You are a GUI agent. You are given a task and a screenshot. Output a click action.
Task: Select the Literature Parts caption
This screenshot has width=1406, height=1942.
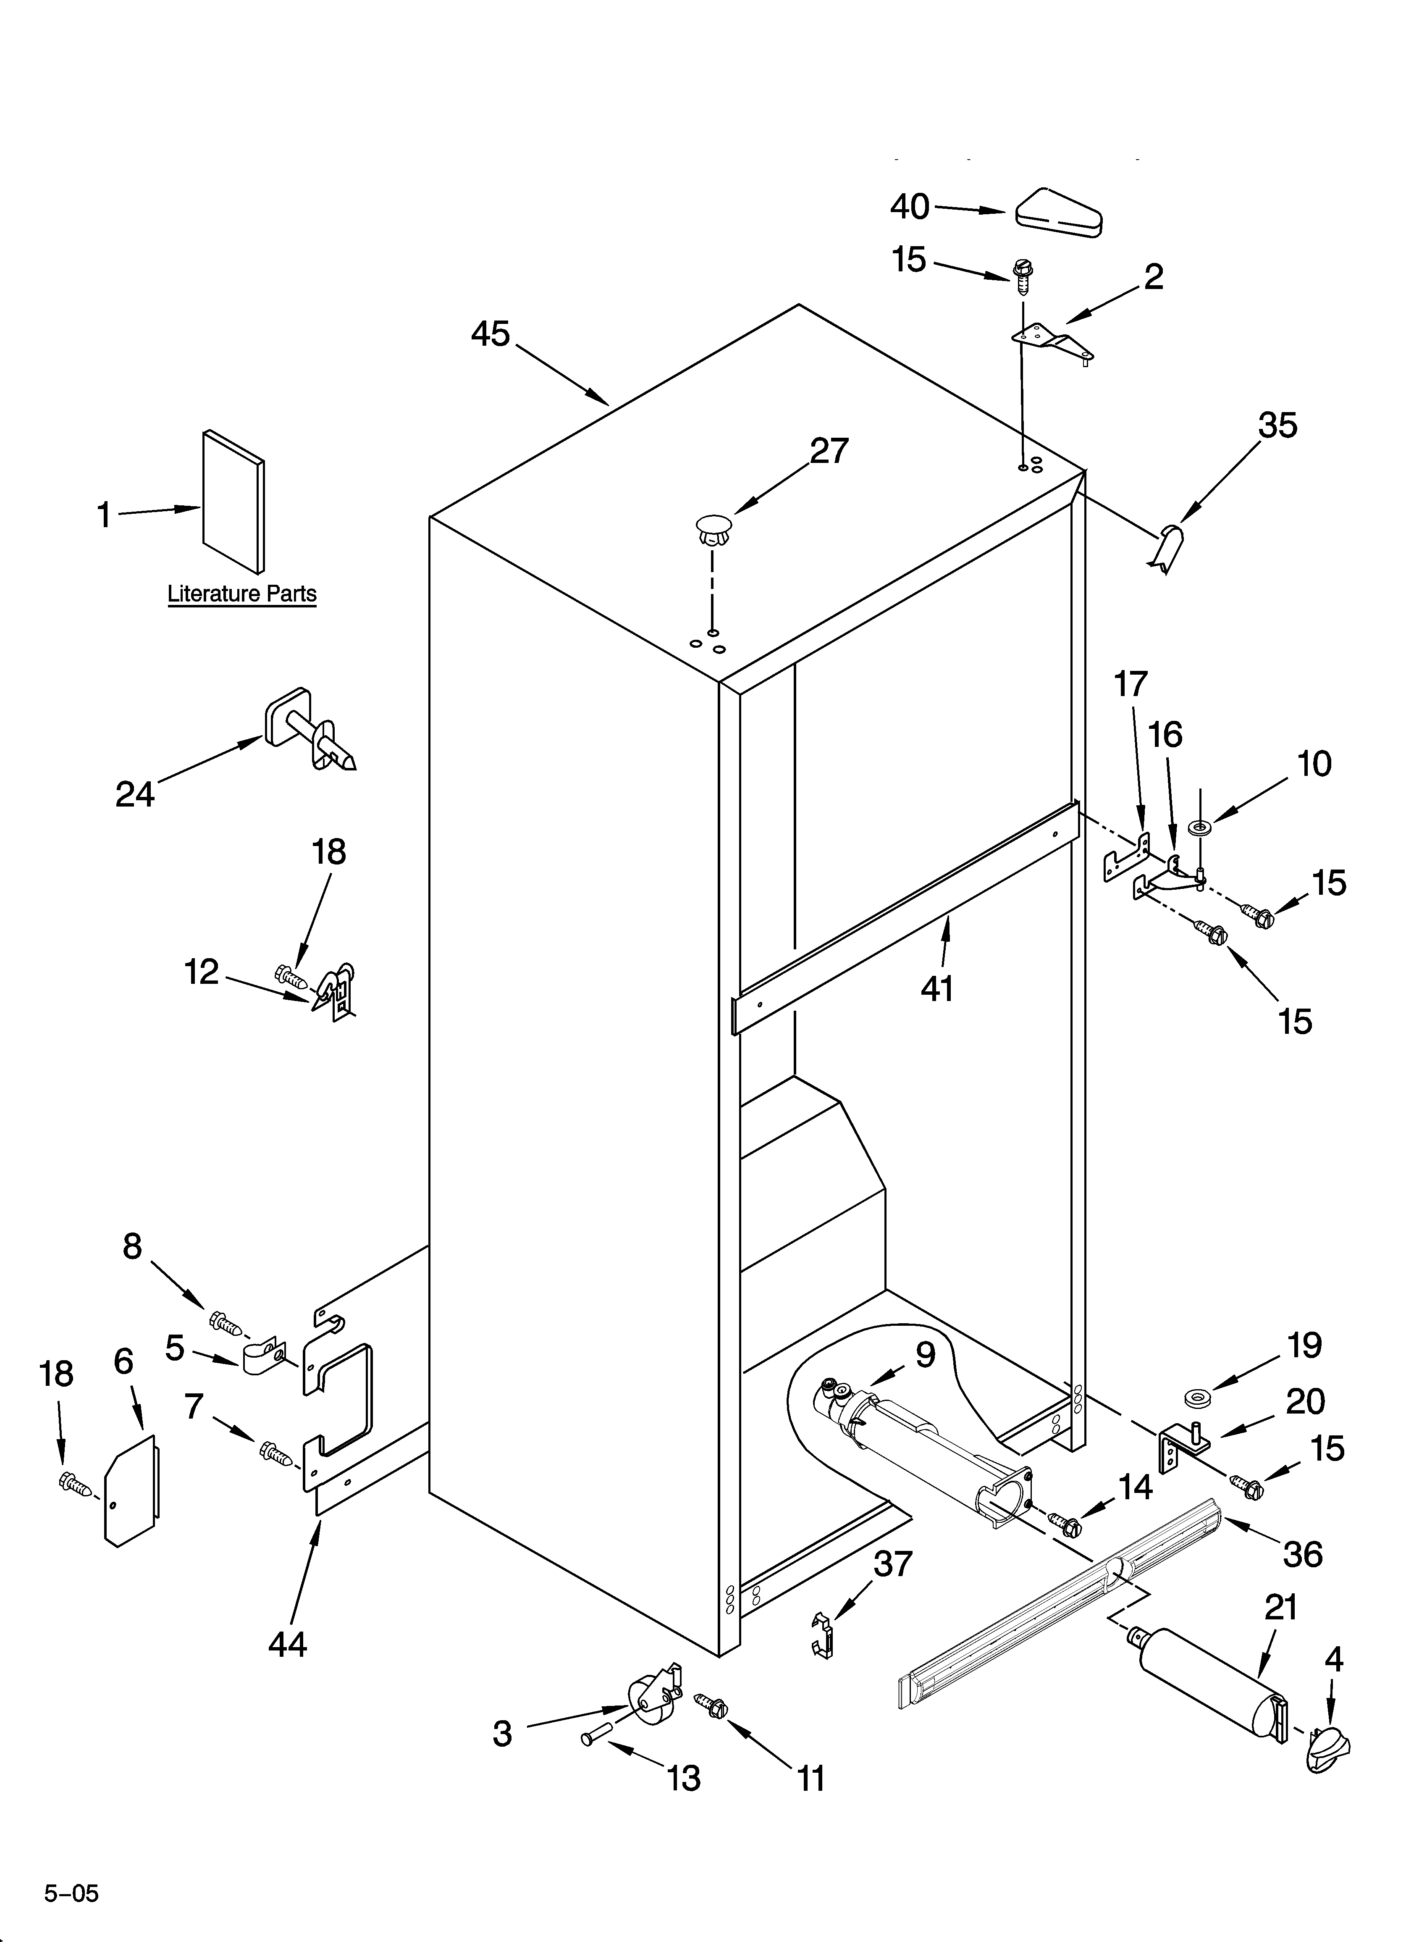tap(241, 594)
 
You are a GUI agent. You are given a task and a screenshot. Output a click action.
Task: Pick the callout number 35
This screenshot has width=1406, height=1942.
tap(1277, 426)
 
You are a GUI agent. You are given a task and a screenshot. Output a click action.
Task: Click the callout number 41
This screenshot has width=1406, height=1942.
tap(937, 989)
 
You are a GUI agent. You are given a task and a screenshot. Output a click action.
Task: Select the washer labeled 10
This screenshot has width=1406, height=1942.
tap(1199, 827)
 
